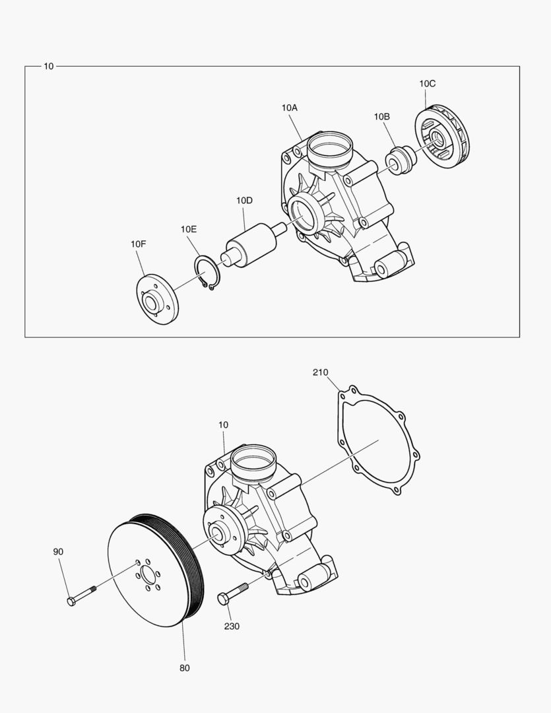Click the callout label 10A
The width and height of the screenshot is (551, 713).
coord(289,108)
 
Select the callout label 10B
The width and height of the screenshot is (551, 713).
coord(381,117)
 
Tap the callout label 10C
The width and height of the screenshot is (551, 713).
coord(427,84)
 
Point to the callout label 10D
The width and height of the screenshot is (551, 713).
coord(244,200)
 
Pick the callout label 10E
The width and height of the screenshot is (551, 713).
coord(189,229)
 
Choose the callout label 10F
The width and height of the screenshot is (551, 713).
coord(138,244)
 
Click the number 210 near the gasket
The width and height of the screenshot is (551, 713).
coord(320,373)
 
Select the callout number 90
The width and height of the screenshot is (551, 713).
coord(59,551)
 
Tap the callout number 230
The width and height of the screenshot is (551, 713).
coord(232,626)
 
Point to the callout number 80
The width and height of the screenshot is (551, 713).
coord(184,668)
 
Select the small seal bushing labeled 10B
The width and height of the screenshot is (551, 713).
coord(401,160)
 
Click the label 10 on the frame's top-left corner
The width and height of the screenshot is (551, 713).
coord(48,67)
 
